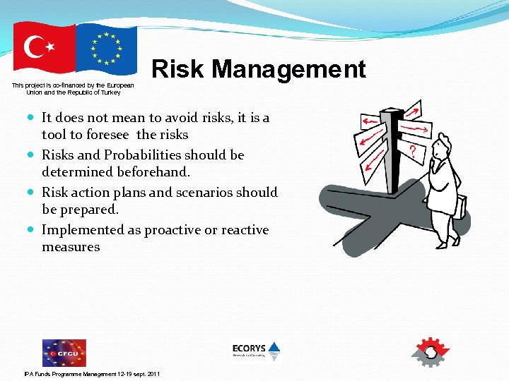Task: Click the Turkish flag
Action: pos(44,47)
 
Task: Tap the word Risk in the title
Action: pos(177,69)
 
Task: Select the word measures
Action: pos(71,247)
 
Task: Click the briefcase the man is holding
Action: pos(460,206)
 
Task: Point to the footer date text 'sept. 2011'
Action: pos(145,373)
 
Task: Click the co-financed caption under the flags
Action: pos(73,88)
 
